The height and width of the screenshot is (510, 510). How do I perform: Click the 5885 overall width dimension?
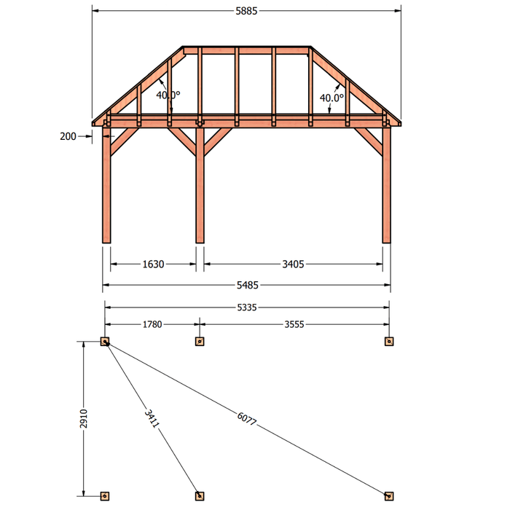tap(246, 11)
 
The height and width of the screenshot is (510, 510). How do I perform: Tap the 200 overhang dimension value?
tap(68, 136)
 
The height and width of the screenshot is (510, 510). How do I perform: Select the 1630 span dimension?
tap(153, 264)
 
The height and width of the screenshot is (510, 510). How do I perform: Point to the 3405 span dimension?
tap(293, 264)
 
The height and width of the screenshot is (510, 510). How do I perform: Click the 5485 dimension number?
tap(248, 286)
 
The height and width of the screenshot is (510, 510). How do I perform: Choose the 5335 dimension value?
tap(247, 307)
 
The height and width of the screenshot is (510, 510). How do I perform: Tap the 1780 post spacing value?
tap(152, 324)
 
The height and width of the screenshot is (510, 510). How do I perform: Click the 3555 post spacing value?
tap(294, 324)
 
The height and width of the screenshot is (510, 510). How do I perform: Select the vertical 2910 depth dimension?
tap(84, 419)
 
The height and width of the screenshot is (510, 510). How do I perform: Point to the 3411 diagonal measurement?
tap(152, 419)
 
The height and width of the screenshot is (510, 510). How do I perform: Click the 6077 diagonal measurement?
tap(247, 419)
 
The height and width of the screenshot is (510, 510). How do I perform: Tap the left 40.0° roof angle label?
tap(168, 95)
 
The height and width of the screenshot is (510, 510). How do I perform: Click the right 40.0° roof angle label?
tap(331, 98)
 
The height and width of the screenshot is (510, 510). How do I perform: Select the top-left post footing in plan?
tap(105, 342)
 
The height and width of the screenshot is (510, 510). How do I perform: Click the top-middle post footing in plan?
tap(200, 342)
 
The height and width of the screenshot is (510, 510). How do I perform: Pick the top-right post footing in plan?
tap(389, 342)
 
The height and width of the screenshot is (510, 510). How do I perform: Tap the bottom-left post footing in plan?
tap(105, 496)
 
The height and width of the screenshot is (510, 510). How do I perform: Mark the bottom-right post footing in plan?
tap(389, 496)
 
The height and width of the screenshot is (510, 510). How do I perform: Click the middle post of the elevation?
tap(200, 185)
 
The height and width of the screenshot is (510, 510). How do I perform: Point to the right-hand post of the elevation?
tap(386, 185)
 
